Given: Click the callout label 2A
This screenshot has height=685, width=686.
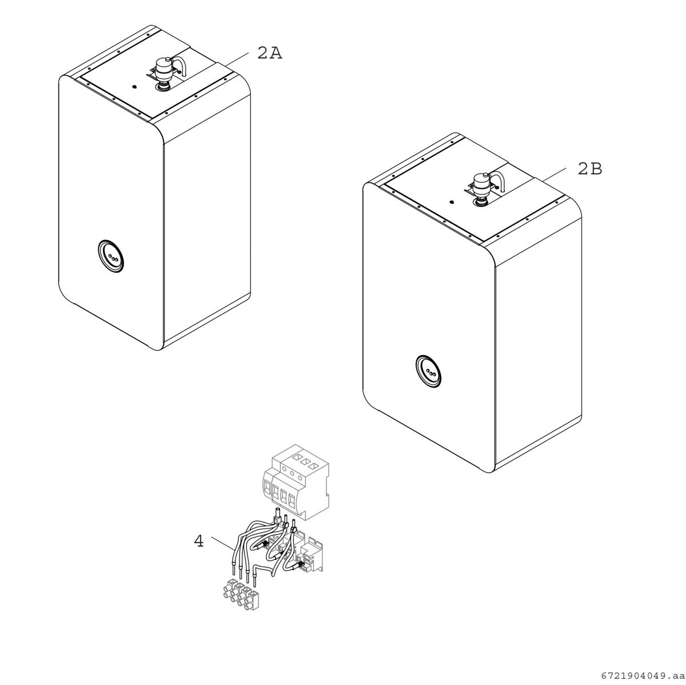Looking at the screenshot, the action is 269,53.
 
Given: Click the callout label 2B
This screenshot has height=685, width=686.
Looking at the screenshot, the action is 590,169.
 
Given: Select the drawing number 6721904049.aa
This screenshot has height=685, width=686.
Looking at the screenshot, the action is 643,676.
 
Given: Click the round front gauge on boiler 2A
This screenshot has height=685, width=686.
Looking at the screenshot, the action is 110,256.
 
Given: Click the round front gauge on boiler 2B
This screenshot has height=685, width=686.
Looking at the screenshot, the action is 429,371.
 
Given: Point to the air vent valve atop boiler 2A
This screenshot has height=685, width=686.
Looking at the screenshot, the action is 164,69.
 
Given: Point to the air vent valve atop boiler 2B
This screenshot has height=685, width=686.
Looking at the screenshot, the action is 482,184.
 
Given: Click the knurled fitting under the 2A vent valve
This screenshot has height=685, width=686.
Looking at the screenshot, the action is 163,87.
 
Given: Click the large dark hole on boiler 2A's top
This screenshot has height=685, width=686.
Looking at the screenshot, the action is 134,86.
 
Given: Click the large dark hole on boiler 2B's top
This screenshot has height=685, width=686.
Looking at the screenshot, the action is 452,202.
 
